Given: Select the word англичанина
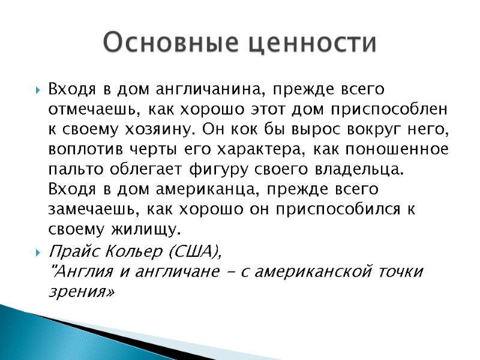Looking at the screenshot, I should (208, 90).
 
